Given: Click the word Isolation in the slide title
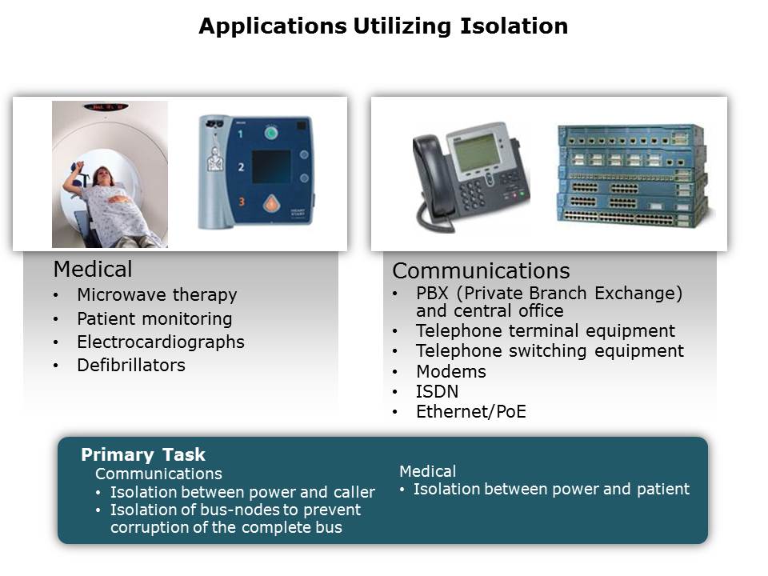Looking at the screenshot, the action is (514, 26).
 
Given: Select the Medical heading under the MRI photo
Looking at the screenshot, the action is (93, 269).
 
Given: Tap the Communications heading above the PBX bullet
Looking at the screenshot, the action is (481, 270).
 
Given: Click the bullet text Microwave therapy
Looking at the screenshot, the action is (157, 295).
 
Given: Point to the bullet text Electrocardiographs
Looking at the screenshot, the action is (161, 342).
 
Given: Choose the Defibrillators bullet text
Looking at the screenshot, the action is (131, 365).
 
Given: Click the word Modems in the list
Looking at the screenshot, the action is (451, 371).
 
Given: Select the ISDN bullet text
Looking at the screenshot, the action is (437, 391).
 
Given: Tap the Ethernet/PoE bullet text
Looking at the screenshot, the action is (471, 411).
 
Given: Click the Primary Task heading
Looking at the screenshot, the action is (143, 454).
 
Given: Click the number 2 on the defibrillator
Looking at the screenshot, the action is (241, 167).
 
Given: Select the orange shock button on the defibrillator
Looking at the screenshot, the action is (271, 203).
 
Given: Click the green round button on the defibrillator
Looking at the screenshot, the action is (271, 132).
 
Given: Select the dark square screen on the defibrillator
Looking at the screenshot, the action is (271, 166).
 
